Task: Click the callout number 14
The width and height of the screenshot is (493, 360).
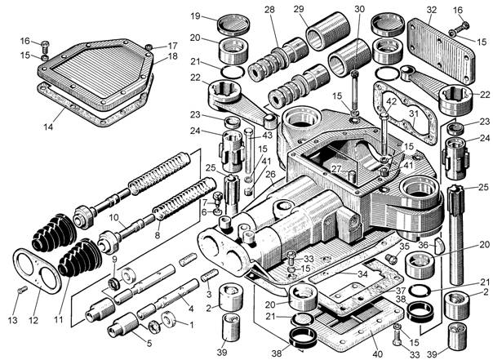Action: pos(48,127)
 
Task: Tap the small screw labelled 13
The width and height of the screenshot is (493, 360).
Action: pos(22,290)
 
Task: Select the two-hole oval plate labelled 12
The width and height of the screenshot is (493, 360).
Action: pos(37,271)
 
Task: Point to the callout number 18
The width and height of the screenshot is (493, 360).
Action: pos(172,56)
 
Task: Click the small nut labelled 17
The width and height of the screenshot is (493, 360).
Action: pos(149,47)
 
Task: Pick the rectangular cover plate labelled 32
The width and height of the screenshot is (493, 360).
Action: pos(441,51)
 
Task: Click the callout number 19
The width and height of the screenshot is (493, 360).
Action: pos(195,16)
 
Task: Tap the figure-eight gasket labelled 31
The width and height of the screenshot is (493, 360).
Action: pos(405,112)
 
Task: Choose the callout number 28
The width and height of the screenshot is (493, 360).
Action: pos(269,10)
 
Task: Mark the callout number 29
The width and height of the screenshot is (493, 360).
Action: pos(299,9)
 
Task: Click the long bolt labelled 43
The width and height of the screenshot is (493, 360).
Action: pos(248,151)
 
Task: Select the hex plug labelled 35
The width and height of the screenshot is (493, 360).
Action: pos(390,259)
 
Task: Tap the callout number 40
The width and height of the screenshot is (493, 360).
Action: pos(377,354)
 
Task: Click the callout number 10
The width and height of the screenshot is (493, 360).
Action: pos(113,217)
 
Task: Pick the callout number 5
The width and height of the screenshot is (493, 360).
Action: pos(149,343)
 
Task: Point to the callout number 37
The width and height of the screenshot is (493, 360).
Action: pos(401,289)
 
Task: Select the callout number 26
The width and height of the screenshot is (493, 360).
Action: pos(270,174)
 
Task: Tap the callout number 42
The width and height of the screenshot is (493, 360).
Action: pos(392,101)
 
